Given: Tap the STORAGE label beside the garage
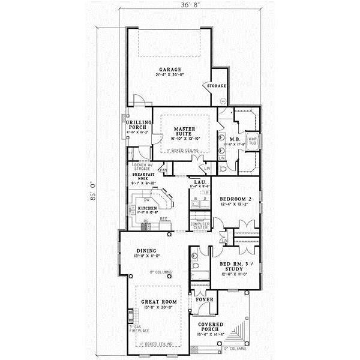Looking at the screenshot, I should tap(217, 86).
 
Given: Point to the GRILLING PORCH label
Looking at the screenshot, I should tap(137, 125).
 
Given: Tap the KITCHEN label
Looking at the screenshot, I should tap(147, 208).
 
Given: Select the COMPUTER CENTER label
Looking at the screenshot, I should tap(199, 226).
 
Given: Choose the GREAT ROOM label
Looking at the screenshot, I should tap(156, 304).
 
